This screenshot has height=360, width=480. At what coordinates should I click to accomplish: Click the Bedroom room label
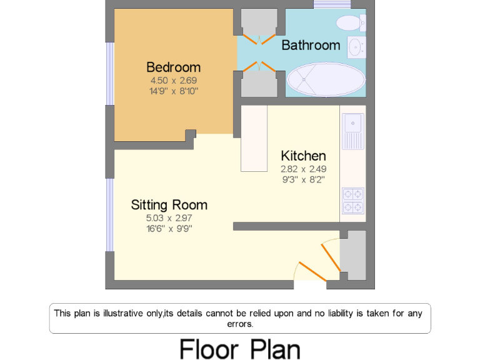click(173, 67)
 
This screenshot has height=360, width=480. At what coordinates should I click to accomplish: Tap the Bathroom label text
click(311, 45)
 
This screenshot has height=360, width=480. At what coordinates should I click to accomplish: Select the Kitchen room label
click(303, 156)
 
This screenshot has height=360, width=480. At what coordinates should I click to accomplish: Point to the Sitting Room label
click(169, 204)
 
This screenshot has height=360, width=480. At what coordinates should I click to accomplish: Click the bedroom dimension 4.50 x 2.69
click(173, 81)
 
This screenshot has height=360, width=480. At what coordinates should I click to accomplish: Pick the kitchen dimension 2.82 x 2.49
click(303, 169)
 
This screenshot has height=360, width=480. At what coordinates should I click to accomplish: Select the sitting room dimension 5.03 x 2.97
click(169, 218)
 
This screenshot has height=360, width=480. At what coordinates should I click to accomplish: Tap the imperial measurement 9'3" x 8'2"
click(303, 179)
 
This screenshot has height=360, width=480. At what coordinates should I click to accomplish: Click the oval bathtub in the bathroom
click(326, 79)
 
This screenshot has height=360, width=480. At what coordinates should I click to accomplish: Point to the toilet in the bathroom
click(349, 23)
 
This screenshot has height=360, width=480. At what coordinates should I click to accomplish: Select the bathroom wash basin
click(356, 46)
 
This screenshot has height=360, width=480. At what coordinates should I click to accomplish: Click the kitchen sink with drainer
click(352, 131)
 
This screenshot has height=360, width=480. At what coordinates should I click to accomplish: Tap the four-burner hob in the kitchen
click(352, 201)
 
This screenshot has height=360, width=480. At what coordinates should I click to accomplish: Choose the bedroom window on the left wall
click(109, 74)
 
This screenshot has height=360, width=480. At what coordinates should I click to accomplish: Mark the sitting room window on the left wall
click(109, 214)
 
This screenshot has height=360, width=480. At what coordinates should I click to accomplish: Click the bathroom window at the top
click(332, 4)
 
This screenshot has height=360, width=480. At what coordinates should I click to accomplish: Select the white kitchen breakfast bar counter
click(254, 138)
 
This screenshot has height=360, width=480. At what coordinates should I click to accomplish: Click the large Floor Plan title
click(240, 348)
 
